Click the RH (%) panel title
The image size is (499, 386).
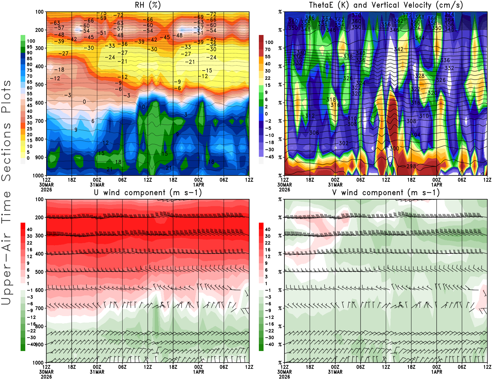148,5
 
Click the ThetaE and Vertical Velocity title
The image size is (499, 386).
386,5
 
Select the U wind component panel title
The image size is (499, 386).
148,192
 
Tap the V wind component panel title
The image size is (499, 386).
386,192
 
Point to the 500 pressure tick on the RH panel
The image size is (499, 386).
39,84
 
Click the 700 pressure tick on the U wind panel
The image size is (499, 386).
39,308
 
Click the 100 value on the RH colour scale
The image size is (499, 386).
31,41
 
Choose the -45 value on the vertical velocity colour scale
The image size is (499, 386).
269,157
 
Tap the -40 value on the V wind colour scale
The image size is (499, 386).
269,344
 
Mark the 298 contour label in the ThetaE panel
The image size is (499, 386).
411,166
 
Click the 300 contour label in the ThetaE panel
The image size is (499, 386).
394,148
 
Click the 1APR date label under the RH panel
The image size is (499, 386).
198,185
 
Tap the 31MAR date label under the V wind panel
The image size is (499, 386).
335,372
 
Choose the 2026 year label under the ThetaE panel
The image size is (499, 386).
284,190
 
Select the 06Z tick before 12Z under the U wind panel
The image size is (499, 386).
224,367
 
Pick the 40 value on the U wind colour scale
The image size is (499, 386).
30,229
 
